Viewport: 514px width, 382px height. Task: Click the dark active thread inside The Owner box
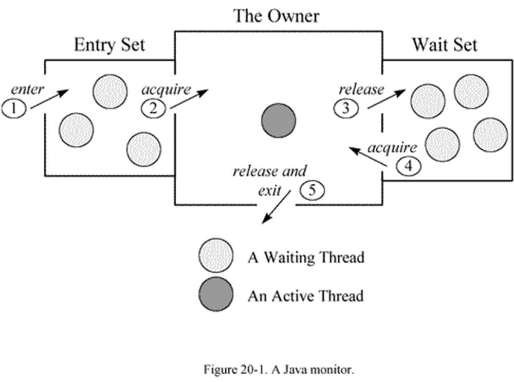point(279,122)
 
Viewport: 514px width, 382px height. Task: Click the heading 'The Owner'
point(276,16)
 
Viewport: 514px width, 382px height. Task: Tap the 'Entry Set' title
point(109,45)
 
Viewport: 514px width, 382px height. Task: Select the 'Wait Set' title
point(444,45)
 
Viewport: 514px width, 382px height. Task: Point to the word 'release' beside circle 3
point(361,90)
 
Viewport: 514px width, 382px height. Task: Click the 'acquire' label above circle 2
point(166,90)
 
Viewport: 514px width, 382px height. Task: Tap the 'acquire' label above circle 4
point(393,148)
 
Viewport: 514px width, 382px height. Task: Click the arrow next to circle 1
point(49,99)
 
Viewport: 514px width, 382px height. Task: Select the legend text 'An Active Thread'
point(305,296)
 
